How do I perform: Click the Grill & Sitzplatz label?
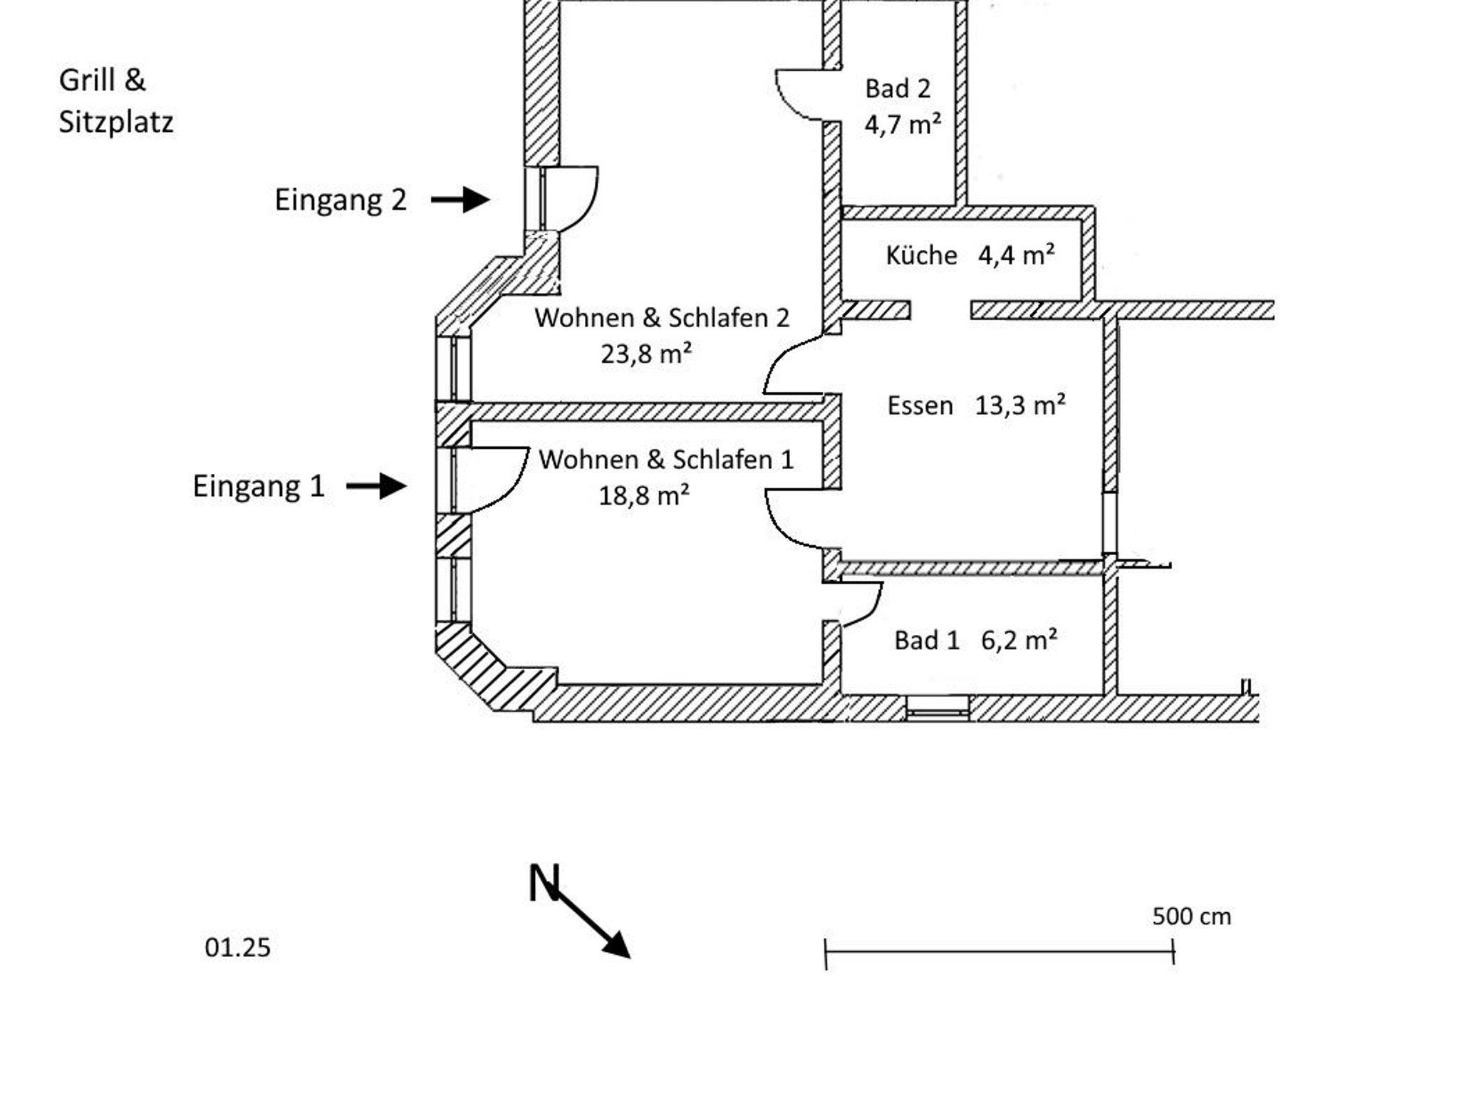click(115, 100)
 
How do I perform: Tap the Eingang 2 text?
click(341, 200)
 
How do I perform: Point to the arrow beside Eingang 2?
click(460, 200)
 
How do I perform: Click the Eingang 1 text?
click(259, 486)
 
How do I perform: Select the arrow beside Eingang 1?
click(376, 486)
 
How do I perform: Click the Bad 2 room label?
click(898, 89)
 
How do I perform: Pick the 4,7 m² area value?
click(903, 125)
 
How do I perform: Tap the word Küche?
click(921, 255)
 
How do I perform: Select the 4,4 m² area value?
click(1016, 254)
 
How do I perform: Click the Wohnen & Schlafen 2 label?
click(662, 318)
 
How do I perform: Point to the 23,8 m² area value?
click(646, 353)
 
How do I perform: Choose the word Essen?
click(920, 405)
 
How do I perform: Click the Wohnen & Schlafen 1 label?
click(666, 460)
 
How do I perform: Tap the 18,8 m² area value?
click(644, 495)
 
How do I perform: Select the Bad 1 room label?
click(927, 641)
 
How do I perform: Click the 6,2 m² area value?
click(1019, 640)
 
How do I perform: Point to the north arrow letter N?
click(544, 884)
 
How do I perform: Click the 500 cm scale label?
click(1191, 916)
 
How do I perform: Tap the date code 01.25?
click(237, 948)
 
